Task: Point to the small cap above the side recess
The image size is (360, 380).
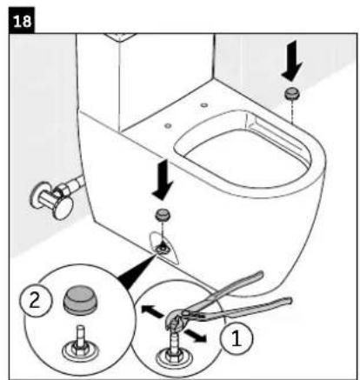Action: tap(161, 215)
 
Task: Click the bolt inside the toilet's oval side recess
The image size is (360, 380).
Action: tap(162, 248)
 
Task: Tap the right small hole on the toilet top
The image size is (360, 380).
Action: tap(203, 106)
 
